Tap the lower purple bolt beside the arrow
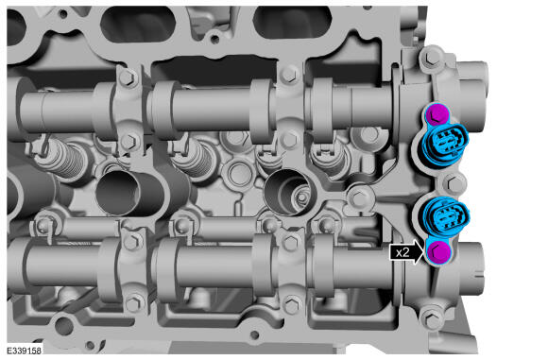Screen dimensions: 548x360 tap(439, 251)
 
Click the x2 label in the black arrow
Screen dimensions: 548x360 tap(402, 252)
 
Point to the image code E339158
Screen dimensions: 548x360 tap(25, 351)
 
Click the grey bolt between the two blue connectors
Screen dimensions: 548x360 tap(454, 183)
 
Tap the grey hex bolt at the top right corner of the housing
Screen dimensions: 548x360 tap(431, 58)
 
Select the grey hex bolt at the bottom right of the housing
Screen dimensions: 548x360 tap(432, 318)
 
